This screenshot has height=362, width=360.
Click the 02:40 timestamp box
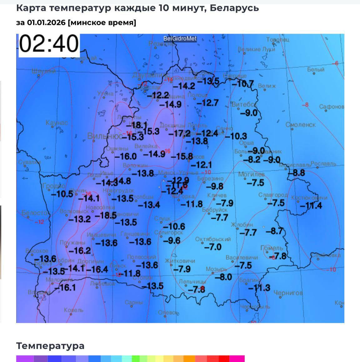click(x=49, y=45)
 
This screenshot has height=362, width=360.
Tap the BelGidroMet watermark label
click(x=180, y=38)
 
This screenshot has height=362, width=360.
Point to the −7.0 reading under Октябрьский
click(x=213, y=247)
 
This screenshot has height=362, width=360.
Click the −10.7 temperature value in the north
click(x=243, y=84)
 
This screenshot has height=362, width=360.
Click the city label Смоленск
click(x=301, y=125)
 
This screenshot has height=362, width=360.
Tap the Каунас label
click(x=56, y=122)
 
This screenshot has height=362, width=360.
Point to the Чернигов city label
click(x=288, y=293)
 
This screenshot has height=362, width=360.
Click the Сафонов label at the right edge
click(x=332, y=107)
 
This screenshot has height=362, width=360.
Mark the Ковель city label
click(x=74, y=310)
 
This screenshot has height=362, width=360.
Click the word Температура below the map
click(x=50, y=346)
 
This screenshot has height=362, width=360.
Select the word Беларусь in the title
click(x=234, y=8)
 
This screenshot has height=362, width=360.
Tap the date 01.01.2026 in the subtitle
click(x=46, y=22)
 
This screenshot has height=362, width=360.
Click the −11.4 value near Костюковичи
click(x=311, y=205)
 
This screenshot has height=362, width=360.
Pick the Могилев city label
click(x=251, y=174)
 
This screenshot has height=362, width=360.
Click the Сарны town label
click(x=134, y=302)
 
